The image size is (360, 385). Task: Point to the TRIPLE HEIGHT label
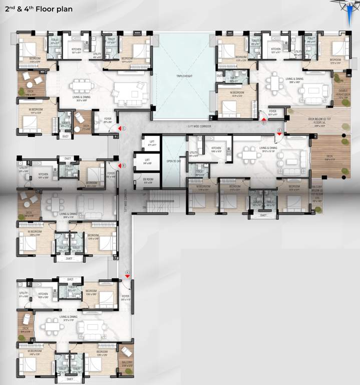(x=184, y=75)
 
